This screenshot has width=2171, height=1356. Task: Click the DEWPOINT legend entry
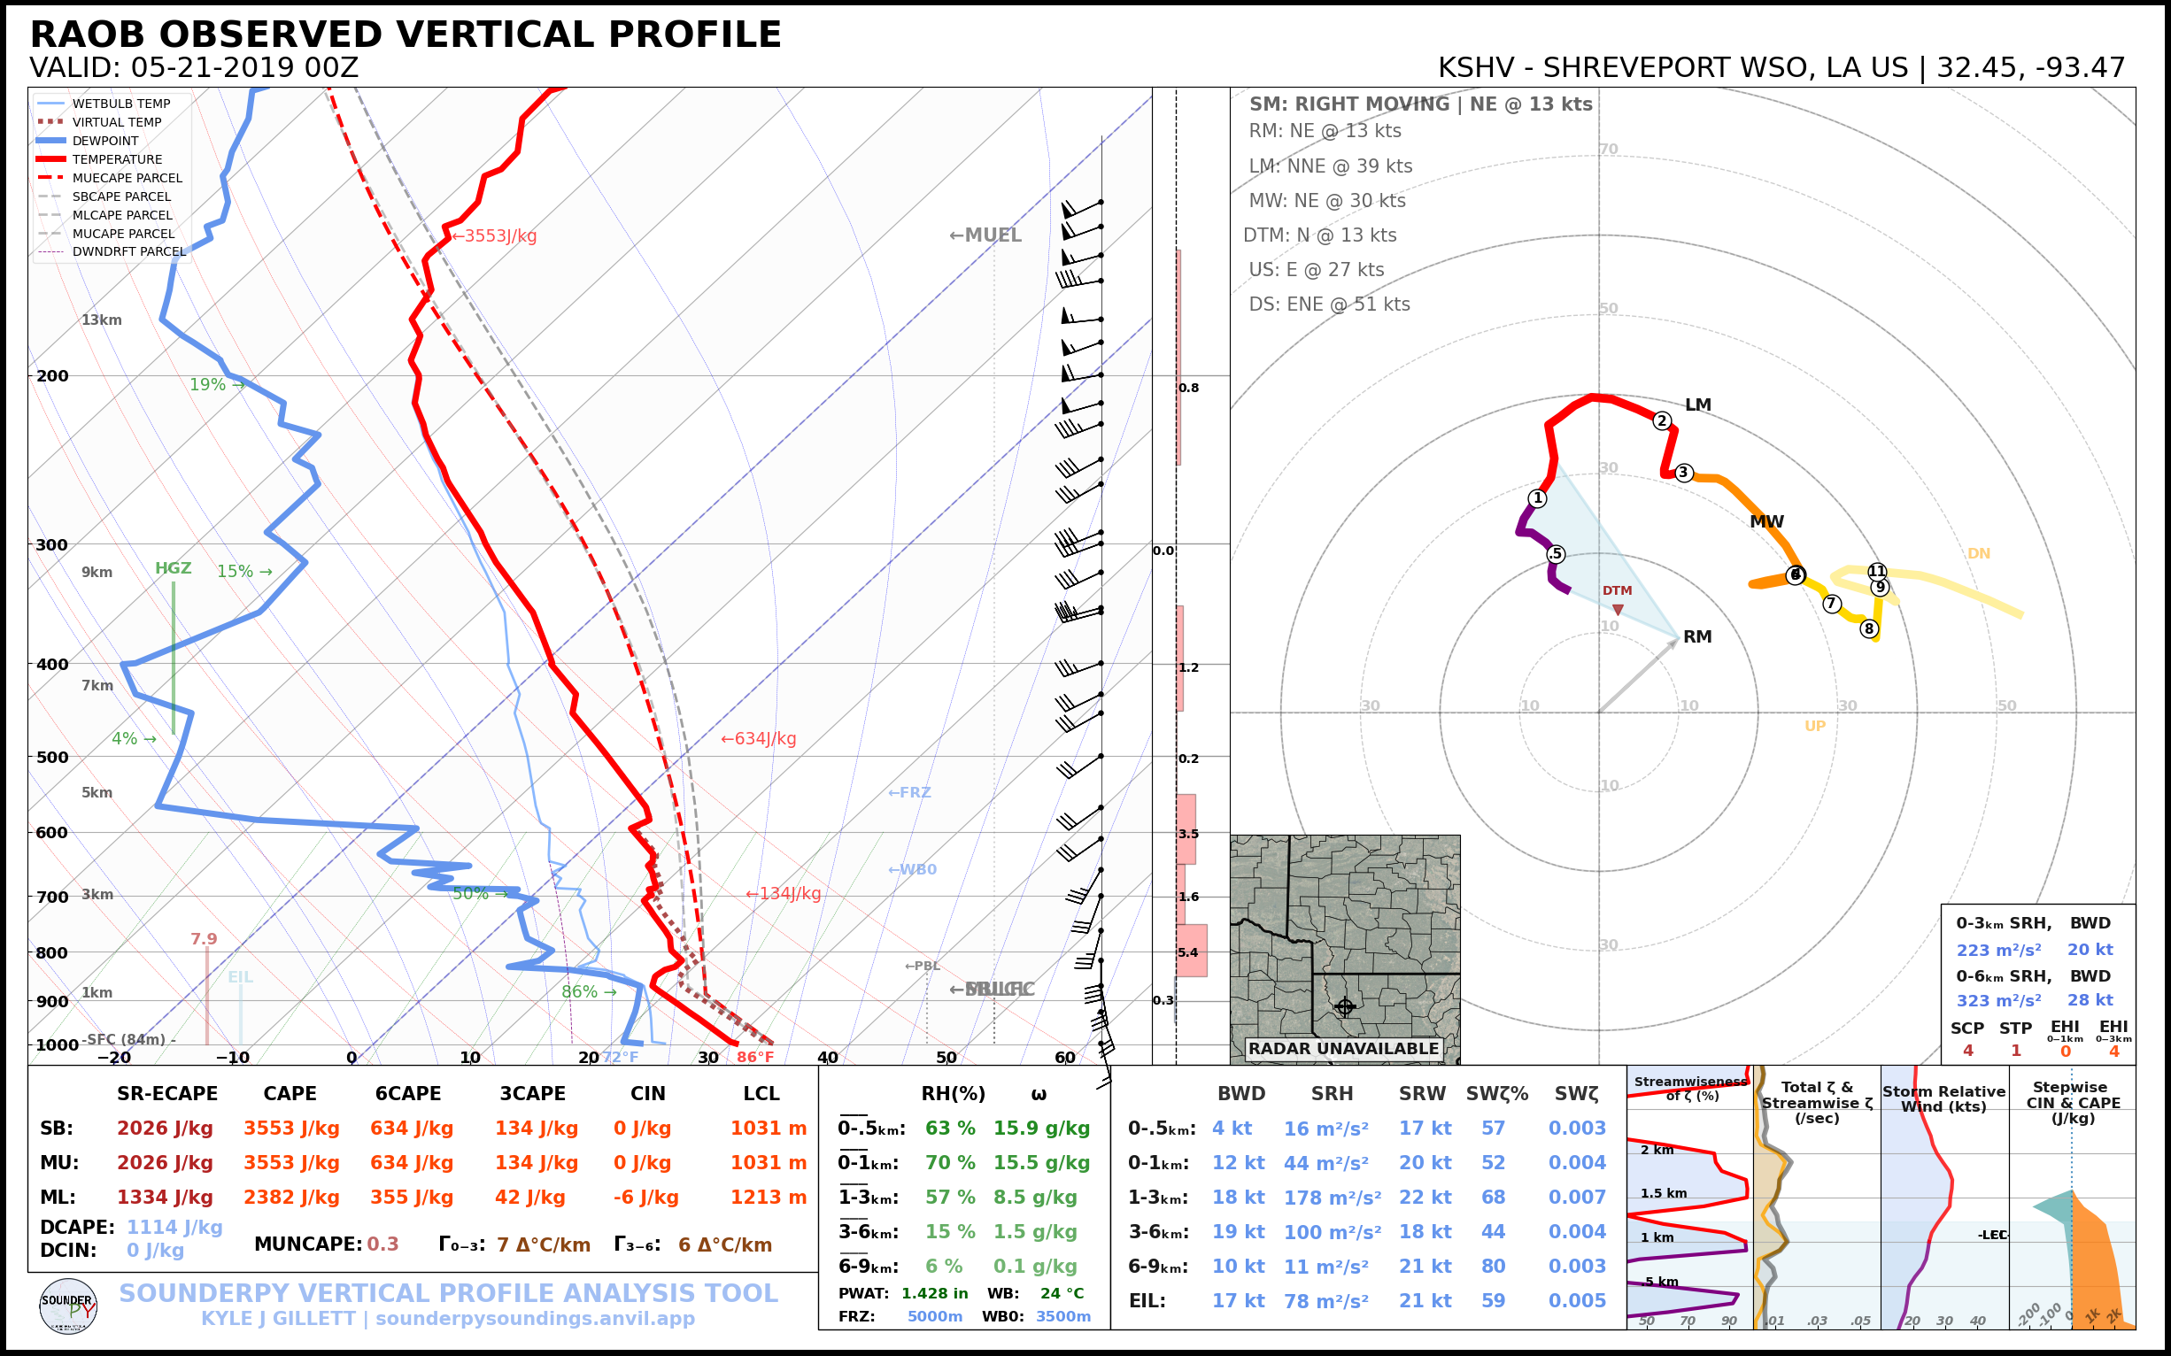[x=105, y=141]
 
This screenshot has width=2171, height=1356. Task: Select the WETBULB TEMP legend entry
[x=121, y=104]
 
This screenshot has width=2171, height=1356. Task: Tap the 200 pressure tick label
[x=52, y=376]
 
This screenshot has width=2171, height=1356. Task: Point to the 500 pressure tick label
[x=52, y=757]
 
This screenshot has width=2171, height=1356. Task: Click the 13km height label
[x=101, y=320]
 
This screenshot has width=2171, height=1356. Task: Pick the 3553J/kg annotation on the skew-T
[x=494, y=235]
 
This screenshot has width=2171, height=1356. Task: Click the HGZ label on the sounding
[x=174, y=568]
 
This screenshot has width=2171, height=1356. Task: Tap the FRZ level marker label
[x=909, y=793]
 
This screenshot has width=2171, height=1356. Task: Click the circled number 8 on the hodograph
[x=1869, y=628]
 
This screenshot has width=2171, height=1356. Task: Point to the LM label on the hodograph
[x=1697, y=405]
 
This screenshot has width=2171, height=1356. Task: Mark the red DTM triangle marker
[x=1618, y=610]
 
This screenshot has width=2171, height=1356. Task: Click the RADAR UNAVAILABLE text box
[x=1343, y=1048]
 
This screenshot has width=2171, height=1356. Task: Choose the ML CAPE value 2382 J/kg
[x=291, y=1198]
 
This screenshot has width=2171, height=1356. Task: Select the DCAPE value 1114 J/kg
[x=174, y=1227]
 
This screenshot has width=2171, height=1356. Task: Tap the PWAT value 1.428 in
[x=935, y=1293]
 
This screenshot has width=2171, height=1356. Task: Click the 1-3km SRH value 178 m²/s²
[x=1333, y=1198]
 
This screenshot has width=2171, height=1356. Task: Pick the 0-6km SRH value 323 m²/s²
[x=1998, y=1000]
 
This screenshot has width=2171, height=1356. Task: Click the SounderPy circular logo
[x=68, y=1306]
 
